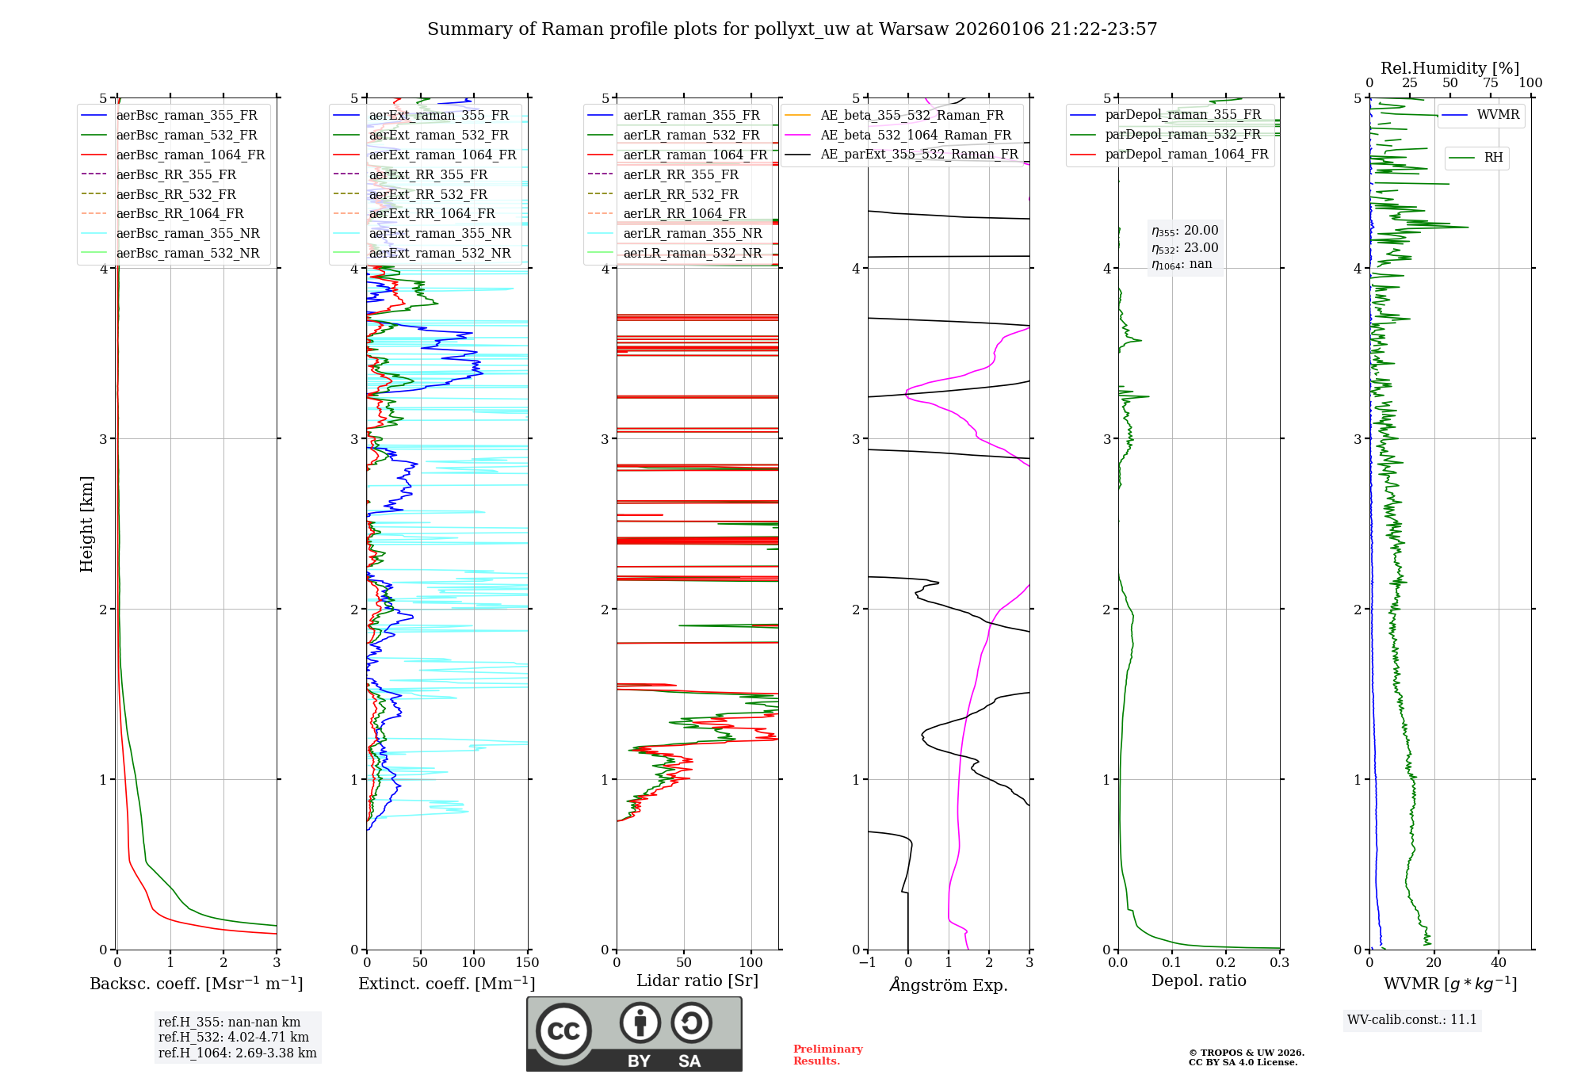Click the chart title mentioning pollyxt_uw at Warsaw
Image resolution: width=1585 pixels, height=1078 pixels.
pyautogui.click(x=792, y=29)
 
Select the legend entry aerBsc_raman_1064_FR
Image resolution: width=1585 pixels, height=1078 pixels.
pyautogui.click(x=190, y=155)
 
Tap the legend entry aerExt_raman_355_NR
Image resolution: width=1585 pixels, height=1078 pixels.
pyautogui.click(x=440, y=234)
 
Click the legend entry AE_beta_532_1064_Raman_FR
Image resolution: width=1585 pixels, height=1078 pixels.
pyautogui.click(x=915, y=136)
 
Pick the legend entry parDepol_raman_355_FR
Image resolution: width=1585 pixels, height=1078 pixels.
pyautogui.click(x=1182, y=115)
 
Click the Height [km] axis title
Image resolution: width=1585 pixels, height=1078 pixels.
pyautogui.click(x=86, y=524)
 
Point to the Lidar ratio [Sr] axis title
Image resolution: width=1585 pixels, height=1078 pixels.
pyautogui.click(x=697, y=981)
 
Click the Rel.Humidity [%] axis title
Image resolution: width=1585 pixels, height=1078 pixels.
pyautogui.click(x=1449, y=68)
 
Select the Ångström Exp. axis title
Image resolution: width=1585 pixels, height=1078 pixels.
pyautogui.click(x=949, y=985)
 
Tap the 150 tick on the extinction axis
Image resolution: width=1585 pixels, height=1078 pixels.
pyautogui.click(x=527, y=963)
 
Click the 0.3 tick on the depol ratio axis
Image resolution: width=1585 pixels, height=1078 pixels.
pyautogui.click(x=1279, y=963)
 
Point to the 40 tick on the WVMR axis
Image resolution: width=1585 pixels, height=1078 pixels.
pyautogui.click(x=1498, y=963)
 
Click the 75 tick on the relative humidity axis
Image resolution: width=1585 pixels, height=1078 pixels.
pyautogui.click(x=1490, y=83)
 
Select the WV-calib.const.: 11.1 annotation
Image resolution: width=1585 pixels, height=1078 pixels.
pyautogui.click(x=1412, y=1020)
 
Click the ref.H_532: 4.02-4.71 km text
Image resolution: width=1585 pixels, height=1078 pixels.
pyautogui.click(x=234, y=1038)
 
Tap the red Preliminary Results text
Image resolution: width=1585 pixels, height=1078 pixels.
pyautogui.click(x=827, y=1055)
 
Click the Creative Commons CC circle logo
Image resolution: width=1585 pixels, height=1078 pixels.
pyautogui.click(x=563, y=1031)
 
